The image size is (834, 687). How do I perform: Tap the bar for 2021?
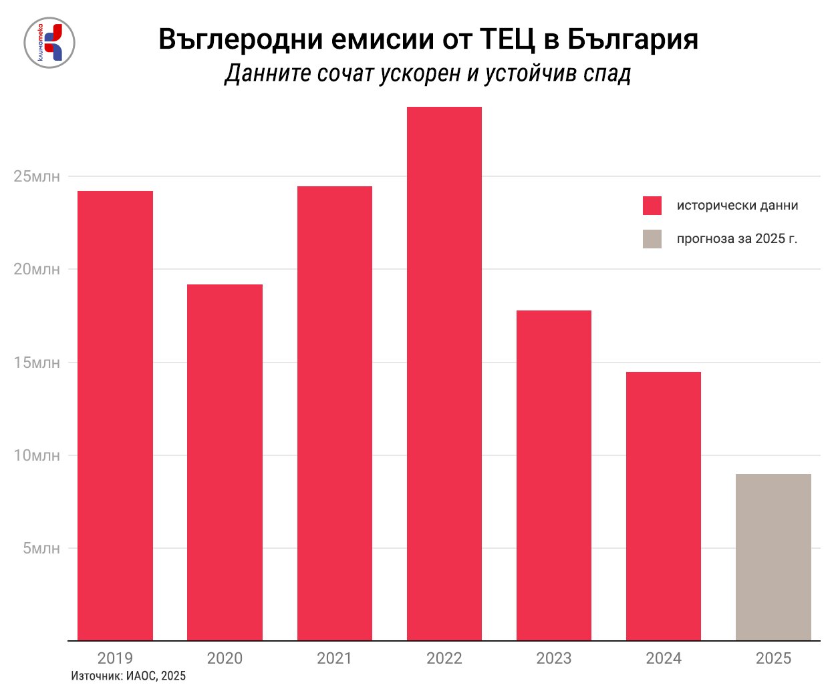coord(334,413)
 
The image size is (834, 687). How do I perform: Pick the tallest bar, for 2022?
coord(444,373)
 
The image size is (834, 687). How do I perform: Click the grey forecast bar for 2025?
coord(773,557)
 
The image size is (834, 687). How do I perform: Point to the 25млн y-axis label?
coord(37,177)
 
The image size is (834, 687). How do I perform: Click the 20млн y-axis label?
coord(37,270)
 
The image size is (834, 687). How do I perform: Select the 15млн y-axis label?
coord(37,363)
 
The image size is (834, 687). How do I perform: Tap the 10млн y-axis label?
coord(37,455)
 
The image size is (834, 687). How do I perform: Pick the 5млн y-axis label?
coord(41,548)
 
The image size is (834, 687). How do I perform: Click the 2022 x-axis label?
coord(444,658)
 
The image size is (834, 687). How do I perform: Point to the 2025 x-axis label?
coord(773,658)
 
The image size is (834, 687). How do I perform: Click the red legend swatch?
coord(652,206)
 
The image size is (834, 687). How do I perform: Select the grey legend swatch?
coord(652,239)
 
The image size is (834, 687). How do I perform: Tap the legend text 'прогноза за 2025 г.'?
coord(737,239)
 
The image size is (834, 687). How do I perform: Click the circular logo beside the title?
coord(49,43)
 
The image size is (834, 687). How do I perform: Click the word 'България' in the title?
coord(633,39)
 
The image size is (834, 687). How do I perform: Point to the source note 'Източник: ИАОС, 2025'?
coord(128,676)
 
